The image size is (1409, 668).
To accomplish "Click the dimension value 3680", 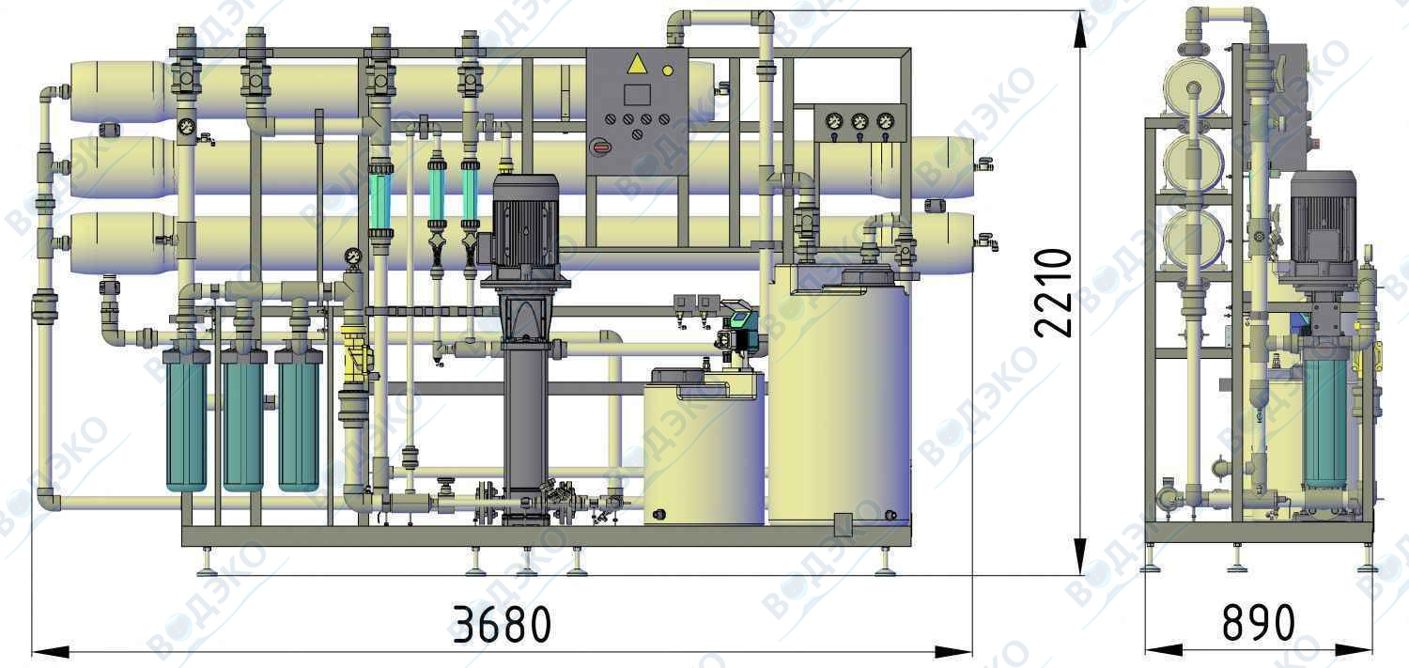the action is tap(502, 624).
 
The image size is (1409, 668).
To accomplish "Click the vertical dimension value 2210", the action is tap(1052, 292).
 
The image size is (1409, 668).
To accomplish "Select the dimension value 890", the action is tap(1258, 623).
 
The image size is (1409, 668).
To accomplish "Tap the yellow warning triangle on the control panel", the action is tap(637, 65).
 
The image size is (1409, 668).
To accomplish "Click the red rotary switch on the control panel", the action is tap(600, 148).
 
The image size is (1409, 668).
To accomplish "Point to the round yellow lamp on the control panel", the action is tap(668, 71).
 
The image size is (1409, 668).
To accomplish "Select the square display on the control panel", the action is tap(637, 94).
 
